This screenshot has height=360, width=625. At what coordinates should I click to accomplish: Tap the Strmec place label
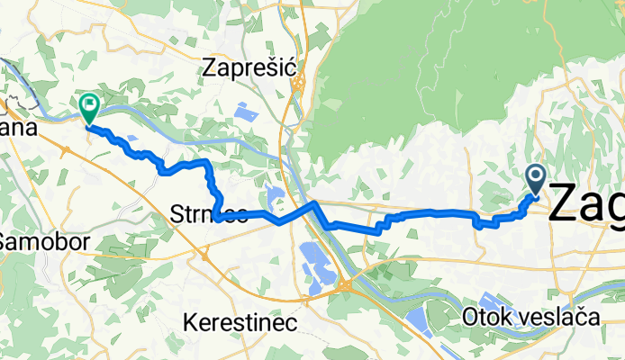point(208,214)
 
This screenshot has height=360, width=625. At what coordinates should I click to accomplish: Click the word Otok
point(487,317)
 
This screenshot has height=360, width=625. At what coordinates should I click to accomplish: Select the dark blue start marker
point(535,179)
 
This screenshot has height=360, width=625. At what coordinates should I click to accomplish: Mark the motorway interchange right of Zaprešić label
point(298,83)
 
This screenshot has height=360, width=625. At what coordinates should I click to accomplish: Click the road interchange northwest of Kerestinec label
point(205,255)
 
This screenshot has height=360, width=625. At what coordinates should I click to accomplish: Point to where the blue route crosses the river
point(315,207)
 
